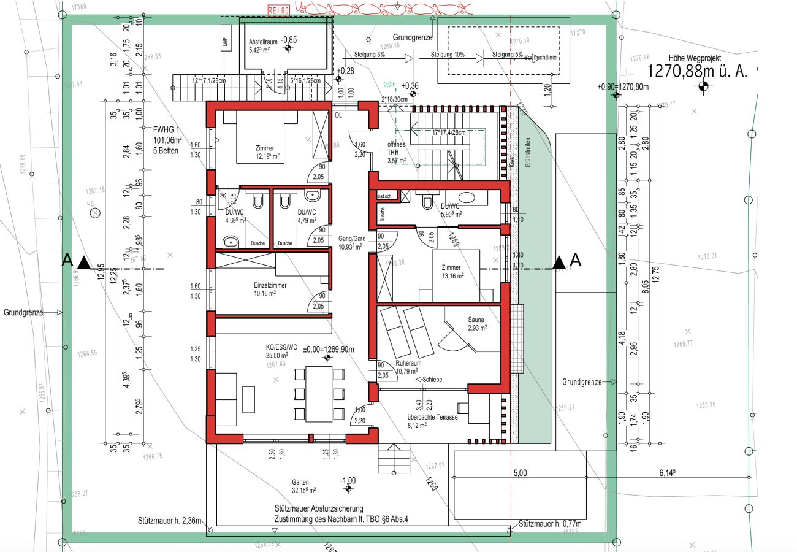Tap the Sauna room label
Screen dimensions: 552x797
(477, 320)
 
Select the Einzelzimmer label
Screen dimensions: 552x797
(270, 285)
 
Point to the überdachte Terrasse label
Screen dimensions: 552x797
(432, 417)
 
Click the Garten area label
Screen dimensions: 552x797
(300, 482)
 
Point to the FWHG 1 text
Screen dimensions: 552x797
(166, 130)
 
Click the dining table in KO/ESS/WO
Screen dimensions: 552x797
(318, 394)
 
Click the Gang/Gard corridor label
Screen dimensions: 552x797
(352, 238)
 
